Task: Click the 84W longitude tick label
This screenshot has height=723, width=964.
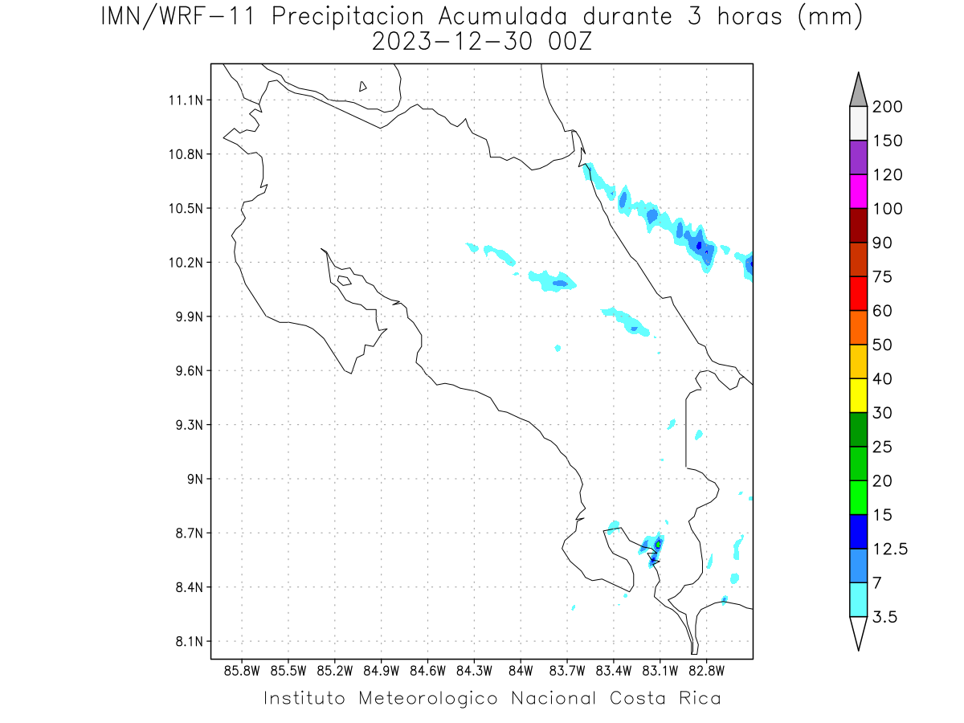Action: (x=521, y=670)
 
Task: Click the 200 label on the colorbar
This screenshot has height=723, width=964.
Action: (x=887, y=107)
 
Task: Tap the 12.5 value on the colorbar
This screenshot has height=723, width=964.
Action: (x=891, y=549)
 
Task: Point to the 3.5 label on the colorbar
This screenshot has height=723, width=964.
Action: (x=884, y=617)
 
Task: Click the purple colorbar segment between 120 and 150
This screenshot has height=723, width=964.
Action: (x=858, y=157)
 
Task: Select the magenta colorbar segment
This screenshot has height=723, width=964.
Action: (x=858, y=191)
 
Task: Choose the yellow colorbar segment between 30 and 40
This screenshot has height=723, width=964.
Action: (x=858, y=395)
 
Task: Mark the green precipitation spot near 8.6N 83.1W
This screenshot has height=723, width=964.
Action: (x=659, y=545)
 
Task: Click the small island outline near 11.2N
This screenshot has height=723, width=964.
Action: (x=363, y=86)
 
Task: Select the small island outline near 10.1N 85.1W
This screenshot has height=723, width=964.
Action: (x=344, y=280)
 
